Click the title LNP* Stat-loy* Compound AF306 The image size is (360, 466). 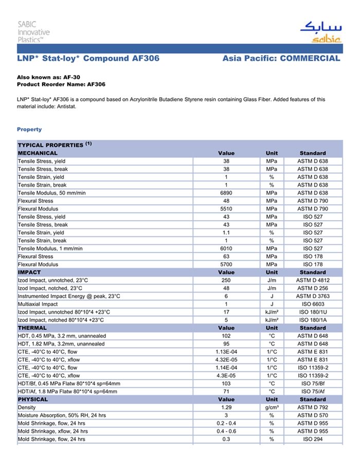(88, 59)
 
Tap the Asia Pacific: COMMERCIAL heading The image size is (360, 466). (281, 59)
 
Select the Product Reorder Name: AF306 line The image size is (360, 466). (61, 84)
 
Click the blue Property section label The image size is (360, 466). (29, 129)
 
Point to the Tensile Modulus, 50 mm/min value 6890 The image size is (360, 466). (226, 193)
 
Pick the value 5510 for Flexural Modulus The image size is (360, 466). (226, 209)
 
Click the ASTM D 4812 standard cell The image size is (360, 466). (312, 280)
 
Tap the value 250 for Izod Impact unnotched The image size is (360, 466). (226, 280)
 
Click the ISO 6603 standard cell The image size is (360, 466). (312, 304)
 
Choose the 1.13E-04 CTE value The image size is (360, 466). (226, 352)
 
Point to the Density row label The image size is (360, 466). (27, 407)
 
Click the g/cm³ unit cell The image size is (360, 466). (272, 407)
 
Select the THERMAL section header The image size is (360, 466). (32, 328)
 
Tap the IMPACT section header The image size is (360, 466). (29, 272)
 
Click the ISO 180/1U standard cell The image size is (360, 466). (312, 312)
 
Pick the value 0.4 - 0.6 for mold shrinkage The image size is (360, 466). (226, 431)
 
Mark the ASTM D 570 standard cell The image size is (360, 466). (312, 415)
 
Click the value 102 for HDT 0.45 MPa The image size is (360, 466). (226, 336)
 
